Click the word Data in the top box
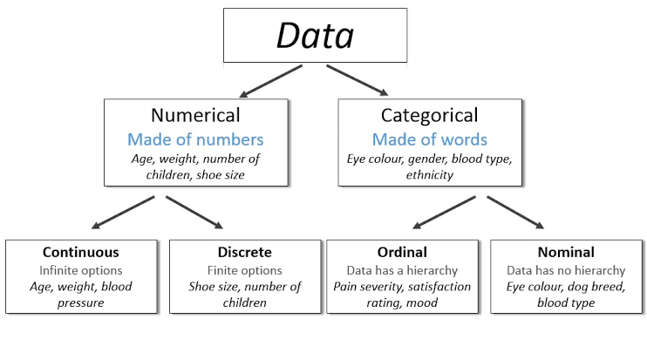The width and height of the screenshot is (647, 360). [x=315, y=36]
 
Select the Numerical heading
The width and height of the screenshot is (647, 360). [x=195, y=115]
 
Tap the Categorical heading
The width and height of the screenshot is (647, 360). [x=429, y=115]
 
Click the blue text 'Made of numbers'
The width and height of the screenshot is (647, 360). [x=195, y=139]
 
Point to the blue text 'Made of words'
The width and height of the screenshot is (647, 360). [x=429, y=139]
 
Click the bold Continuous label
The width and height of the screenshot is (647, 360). [x=81, y=253]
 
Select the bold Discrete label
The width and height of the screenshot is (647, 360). [x=245, y=253]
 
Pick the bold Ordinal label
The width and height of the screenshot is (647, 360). [x=402, y=253]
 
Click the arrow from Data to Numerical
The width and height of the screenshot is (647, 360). [x=270, y=80]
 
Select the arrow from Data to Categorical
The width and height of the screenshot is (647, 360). [x=358, y=80]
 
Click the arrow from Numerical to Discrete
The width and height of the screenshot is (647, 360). [x=196, y=213]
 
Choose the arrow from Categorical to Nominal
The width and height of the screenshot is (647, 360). [x=517, y=213]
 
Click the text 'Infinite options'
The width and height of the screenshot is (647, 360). [x=81, y=270]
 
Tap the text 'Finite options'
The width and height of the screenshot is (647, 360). [x=245, y=270]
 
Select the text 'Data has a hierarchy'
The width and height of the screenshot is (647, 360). [x=402, y=270]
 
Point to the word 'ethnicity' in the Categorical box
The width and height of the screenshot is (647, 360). [x=429, y=174]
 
